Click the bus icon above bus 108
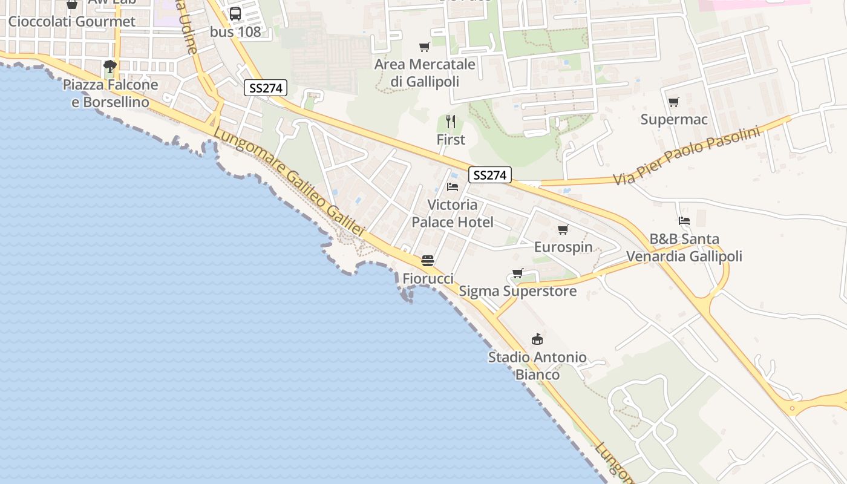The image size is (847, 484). point(235,13)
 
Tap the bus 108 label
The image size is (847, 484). point(235,32)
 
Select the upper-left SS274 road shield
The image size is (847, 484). point(265,88)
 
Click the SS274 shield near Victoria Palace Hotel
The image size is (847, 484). point(489,175)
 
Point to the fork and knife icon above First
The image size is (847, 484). point(451,122)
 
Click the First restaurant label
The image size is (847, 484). point(451,140)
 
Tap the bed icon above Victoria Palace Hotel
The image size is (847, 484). point(453,187)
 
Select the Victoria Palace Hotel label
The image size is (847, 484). point(453,214)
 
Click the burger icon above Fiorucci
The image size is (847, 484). point(428,261)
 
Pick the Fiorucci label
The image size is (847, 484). point(428,279)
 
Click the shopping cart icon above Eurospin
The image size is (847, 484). point(563,229)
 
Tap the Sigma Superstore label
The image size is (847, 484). point(517,292)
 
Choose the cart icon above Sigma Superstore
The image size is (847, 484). point(517,273)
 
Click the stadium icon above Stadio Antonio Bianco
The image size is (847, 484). point(537,339)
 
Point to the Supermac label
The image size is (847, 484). point(673,120)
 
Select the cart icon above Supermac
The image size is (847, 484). point(673,102)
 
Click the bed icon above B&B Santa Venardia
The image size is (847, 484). point(684,221)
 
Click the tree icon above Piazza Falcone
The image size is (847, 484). point(110,66)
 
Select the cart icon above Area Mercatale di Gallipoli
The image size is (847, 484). point(425,47)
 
